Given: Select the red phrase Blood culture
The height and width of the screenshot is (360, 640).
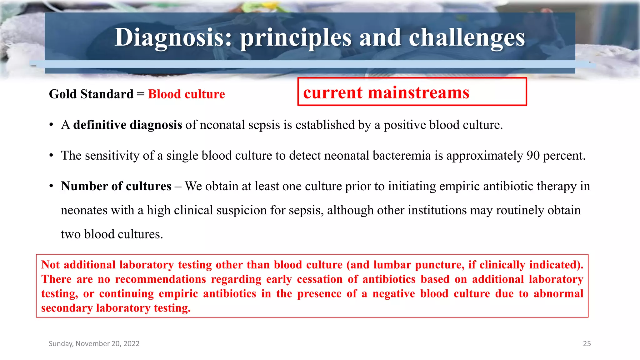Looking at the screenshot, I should coord(186,94).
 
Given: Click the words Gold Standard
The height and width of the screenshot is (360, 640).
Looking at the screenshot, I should coord(91,94).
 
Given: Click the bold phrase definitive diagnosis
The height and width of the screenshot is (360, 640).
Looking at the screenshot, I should coord(127,125).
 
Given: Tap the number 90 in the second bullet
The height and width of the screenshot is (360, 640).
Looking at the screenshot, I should coord(533,155).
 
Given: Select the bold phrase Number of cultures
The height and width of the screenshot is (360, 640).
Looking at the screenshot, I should coord(116,186).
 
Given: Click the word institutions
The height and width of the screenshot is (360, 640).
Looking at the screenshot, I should coord(437,210).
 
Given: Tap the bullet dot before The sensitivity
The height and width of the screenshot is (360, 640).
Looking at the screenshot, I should coord(51,156).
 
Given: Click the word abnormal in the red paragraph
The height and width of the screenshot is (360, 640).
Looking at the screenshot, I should coord(558,293).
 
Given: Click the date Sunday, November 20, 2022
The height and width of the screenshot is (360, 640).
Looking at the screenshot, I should coord(94,343).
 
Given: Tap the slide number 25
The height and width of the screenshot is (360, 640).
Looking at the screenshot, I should coord(587,343).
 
